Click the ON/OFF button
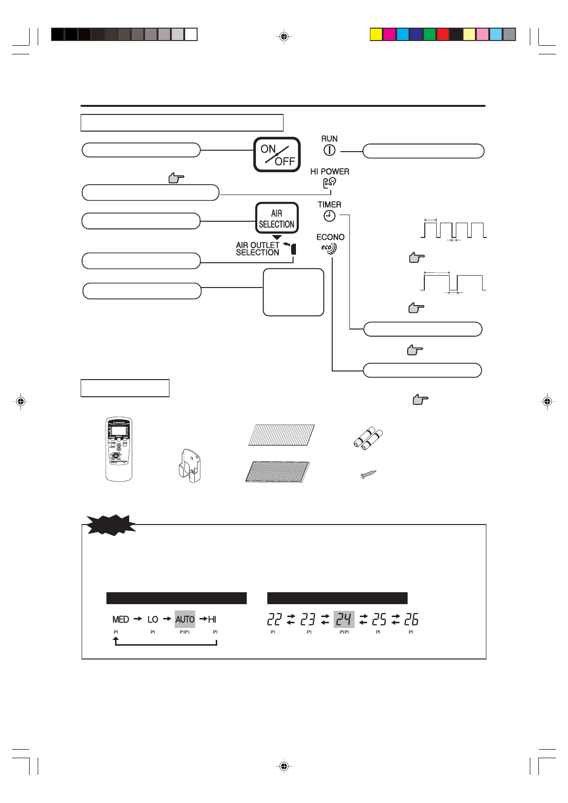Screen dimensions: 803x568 click(x=277, y=154)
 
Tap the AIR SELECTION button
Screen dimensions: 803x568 click(x=277, y=218)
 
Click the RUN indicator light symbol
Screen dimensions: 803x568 click(x=329, y=150)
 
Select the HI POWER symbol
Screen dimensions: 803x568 click(x=329, y=183)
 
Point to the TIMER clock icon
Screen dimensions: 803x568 click(x=329, y=216)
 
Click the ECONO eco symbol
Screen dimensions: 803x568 click(x=329, y=248)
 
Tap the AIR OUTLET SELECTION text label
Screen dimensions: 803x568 click(x=258, y=248)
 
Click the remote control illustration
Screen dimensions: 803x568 click(x=118, y=449)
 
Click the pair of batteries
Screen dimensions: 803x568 click(x=368, y=438)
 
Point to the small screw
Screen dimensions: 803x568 click(x=368, y=474)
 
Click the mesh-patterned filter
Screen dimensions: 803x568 click(x=277, y=472)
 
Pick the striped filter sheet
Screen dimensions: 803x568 click(x=282, y=434)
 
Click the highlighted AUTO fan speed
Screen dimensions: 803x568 click(x=185, y=619)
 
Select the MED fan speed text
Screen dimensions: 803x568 click(x=121, y=619)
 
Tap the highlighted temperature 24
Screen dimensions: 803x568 click(x=344, y=619)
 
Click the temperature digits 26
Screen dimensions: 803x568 click(x=411, y=619)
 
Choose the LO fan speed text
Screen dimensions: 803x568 click(x=153, y=619)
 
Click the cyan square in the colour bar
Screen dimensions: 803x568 click(x=403, y=34)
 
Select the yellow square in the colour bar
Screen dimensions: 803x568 click(x=376, y=34)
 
